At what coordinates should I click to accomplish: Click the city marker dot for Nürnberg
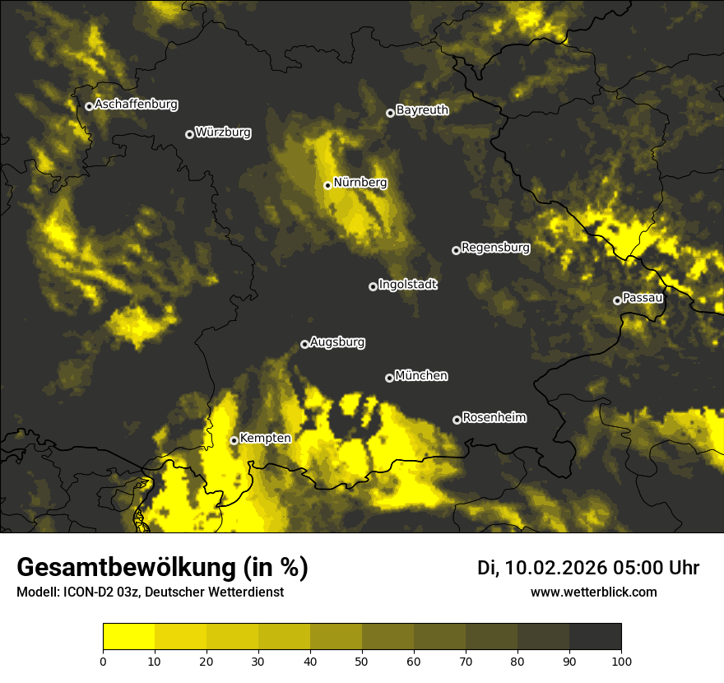327,185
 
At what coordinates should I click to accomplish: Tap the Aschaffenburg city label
136,105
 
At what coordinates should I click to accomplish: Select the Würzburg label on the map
223,132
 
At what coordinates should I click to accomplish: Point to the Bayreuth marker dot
390,113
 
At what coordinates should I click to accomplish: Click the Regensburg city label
495,247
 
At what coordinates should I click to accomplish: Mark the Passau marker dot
617,300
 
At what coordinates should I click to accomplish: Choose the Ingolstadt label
408,285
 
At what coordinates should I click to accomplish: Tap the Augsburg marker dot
304,344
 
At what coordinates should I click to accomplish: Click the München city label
421,376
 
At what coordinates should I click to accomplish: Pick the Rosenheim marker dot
457,420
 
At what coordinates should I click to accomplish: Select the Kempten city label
265,439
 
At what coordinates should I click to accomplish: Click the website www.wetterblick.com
593,592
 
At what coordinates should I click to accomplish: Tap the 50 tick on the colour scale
362,660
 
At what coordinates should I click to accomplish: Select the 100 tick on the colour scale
621,660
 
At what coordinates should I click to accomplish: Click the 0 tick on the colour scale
103,660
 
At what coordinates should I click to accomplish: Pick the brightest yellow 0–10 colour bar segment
128,637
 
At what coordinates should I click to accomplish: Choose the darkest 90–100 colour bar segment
595,637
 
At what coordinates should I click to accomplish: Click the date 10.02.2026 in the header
556,568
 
